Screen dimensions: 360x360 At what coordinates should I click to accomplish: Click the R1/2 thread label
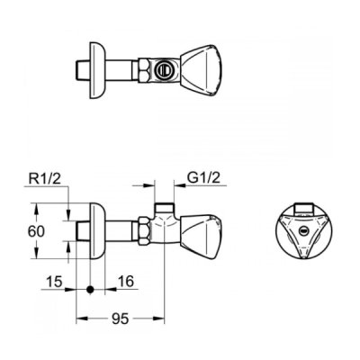[45, 179]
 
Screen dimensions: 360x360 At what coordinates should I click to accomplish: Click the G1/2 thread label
[203, 178]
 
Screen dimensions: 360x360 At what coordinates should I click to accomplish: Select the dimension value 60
[36, 231]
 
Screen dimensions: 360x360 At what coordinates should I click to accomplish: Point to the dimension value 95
[120, 319]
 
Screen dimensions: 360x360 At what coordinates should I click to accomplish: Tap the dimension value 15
[54, 282]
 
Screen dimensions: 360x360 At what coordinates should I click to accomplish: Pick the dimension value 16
[126, 282]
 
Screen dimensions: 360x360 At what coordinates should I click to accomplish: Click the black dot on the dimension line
[90, 289]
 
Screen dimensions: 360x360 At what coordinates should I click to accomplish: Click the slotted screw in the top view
[162, 71]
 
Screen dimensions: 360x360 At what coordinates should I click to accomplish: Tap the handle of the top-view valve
[202, 71]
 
